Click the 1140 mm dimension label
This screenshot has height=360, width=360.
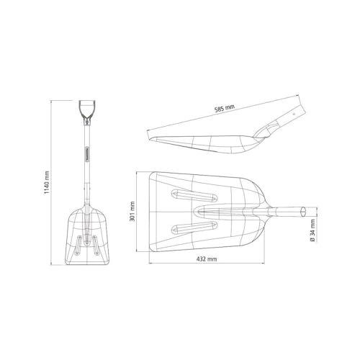click(x=47, y=182)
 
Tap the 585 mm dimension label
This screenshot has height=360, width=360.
click(x=225, y=109)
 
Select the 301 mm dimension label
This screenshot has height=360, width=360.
click(x=132, y=211)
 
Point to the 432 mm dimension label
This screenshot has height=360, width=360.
click(x=207, y=259)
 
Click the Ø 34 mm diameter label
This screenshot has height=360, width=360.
click(x=312, y=230)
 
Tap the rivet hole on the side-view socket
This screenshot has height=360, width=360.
click(x=293, y=114)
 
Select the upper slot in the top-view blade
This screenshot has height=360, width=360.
click(x=194, y=195)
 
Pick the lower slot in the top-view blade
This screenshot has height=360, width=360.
click(x=194, y=228)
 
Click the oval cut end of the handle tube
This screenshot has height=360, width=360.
click(x=303, y=212)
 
